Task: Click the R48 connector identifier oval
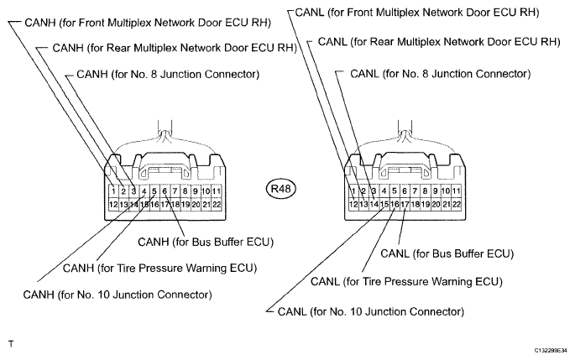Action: click(280, 189)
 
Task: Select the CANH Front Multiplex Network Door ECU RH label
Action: click(148, 23)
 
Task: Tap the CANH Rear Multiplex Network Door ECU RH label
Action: click(175, 48)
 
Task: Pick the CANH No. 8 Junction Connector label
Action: click(168, 75)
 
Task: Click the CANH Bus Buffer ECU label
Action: click(206, 242)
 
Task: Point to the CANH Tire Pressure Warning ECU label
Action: click(159, 268)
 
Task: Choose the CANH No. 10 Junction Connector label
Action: click(118, 295)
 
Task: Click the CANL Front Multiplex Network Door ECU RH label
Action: click(417, 13)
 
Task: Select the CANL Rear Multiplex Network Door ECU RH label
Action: click(439, 42)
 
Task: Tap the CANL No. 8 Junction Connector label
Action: click(441, 74)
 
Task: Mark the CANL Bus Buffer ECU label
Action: click(447, 253)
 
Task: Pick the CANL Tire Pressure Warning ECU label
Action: click(406, 282)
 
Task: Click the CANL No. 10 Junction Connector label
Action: click(371, 311)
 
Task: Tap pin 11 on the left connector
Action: click(217, 191)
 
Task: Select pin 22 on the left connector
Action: click(217, 204)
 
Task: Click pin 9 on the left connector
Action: click(196, 191)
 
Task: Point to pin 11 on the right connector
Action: click(456, 190)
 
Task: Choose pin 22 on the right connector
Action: click(456, 204)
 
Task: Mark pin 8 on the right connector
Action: click(425, 190)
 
